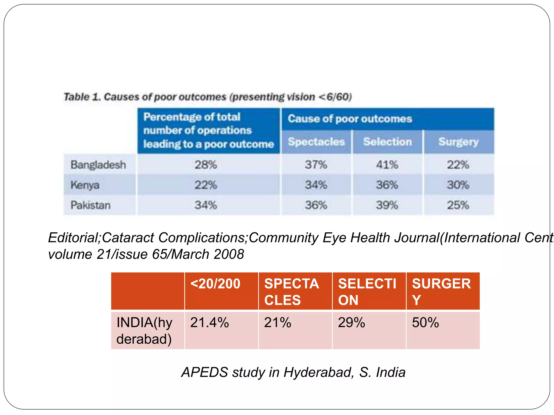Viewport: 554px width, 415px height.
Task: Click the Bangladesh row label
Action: (x=98, y=165)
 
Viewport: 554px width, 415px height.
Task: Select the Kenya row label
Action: (x=85, y=185)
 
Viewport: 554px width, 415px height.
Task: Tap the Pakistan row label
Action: (x=91, y=205)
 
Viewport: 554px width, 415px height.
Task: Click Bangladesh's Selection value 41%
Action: (x=387, y=165)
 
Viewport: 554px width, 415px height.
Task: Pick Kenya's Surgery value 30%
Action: (x=458, y=185)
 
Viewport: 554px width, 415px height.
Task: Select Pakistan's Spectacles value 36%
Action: (x=316, y=205)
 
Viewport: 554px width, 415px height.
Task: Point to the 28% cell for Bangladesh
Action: (x=206, y=165)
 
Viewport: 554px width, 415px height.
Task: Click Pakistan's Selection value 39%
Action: (x=387, y=205)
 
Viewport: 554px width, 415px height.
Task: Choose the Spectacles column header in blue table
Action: (x=316, y=142)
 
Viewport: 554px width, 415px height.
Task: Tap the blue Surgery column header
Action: (x=459, y=142)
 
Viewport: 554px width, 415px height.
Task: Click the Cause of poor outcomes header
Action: (x=350, y=119)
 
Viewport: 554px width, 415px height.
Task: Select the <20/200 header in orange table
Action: (x=215, y=284)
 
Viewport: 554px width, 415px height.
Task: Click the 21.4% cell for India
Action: (x=210, y=323)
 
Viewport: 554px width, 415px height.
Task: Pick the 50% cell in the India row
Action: (x=425, y=323)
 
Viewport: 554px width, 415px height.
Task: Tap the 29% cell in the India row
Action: (x=351, y=323)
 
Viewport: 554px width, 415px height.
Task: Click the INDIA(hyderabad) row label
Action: (x=144, y=331)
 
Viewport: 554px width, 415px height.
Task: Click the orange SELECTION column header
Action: (x=367, y=292)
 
